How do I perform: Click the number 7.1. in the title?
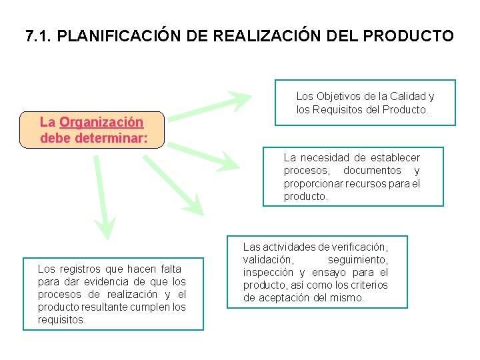click(38, 36)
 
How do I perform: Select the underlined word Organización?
click(101, 122)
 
